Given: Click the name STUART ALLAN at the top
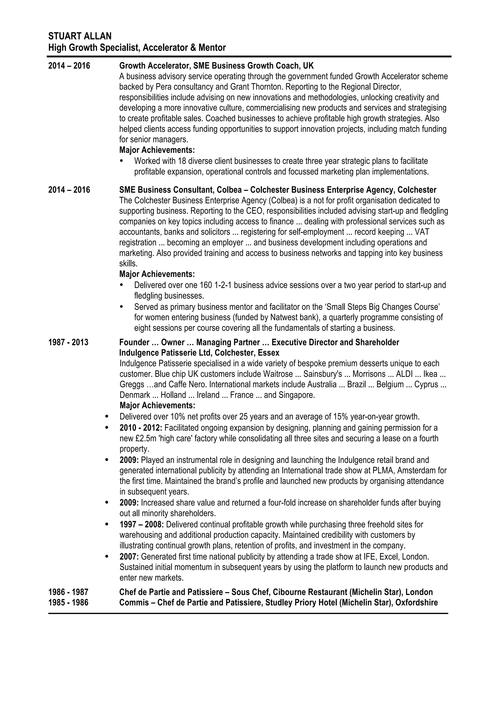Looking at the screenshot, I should tap(80, 36).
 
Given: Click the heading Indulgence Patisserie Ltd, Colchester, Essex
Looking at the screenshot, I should tap(199, 353).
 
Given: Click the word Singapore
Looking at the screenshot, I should tap(296, 395).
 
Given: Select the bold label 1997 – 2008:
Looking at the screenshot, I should tap(142, 524).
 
